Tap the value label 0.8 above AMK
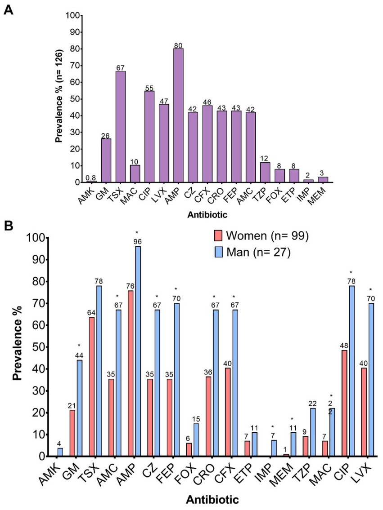pos(91,178)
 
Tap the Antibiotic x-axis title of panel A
pos(207,215)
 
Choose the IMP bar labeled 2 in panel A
pos(309,181)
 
